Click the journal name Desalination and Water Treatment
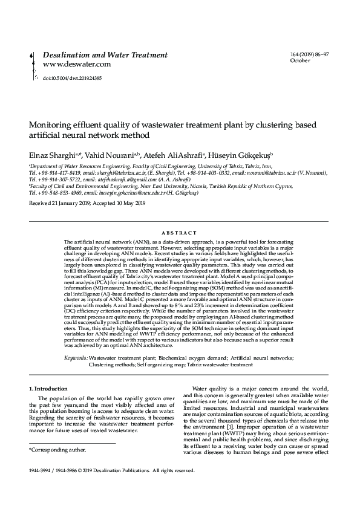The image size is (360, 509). (x=105, y=55)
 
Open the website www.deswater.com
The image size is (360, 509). (x=76, y=64)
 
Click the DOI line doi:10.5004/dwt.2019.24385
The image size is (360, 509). (x=72, y=79)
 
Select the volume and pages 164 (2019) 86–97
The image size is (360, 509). (x=310, y=55)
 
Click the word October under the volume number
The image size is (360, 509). (x=300, y=61)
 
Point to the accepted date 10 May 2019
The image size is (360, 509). (x=128, y=204)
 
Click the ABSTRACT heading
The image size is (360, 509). (x=180, y=233)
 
